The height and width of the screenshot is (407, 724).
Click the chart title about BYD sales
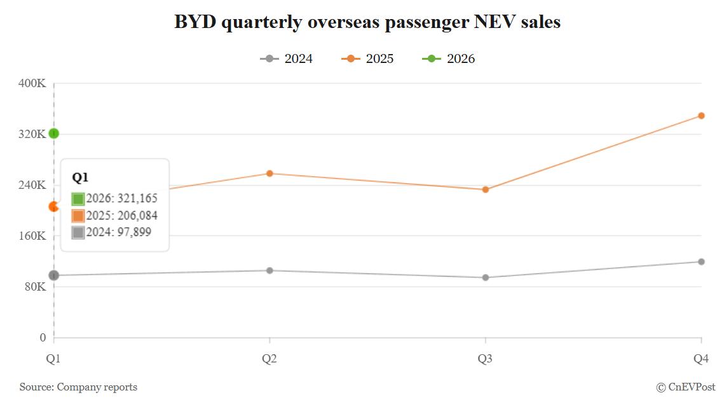[367, 22]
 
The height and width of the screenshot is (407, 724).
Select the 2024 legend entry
[286, 59]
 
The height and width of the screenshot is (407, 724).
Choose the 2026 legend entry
[449, 59]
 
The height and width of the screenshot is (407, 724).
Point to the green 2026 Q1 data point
[54, 134]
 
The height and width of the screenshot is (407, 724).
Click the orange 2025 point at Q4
[701, 116]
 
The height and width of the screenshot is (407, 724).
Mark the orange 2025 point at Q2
[270, 174]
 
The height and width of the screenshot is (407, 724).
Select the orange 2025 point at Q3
[486, 190]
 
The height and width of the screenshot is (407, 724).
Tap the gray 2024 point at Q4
[701, 261]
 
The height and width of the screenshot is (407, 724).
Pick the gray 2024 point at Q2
[270, 270]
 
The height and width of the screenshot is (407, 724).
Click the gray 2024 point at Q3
[486, 277]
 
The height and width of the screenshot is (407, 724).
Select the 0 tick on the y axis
[43, 338]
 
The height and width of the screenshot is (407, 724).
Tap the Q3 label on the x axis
[485, 359]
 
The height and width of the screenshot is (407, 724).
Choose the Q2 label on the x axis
[270, 359]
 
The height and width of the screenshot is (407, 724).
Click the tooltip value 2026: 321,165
[121, 198]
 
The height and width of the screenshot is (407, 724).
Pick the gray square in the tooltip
[78, 233]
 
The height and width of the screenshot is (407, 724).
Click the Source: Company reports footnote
[78, 387]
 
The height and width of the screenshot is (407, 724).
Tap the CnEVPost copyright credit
[685, 387]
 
